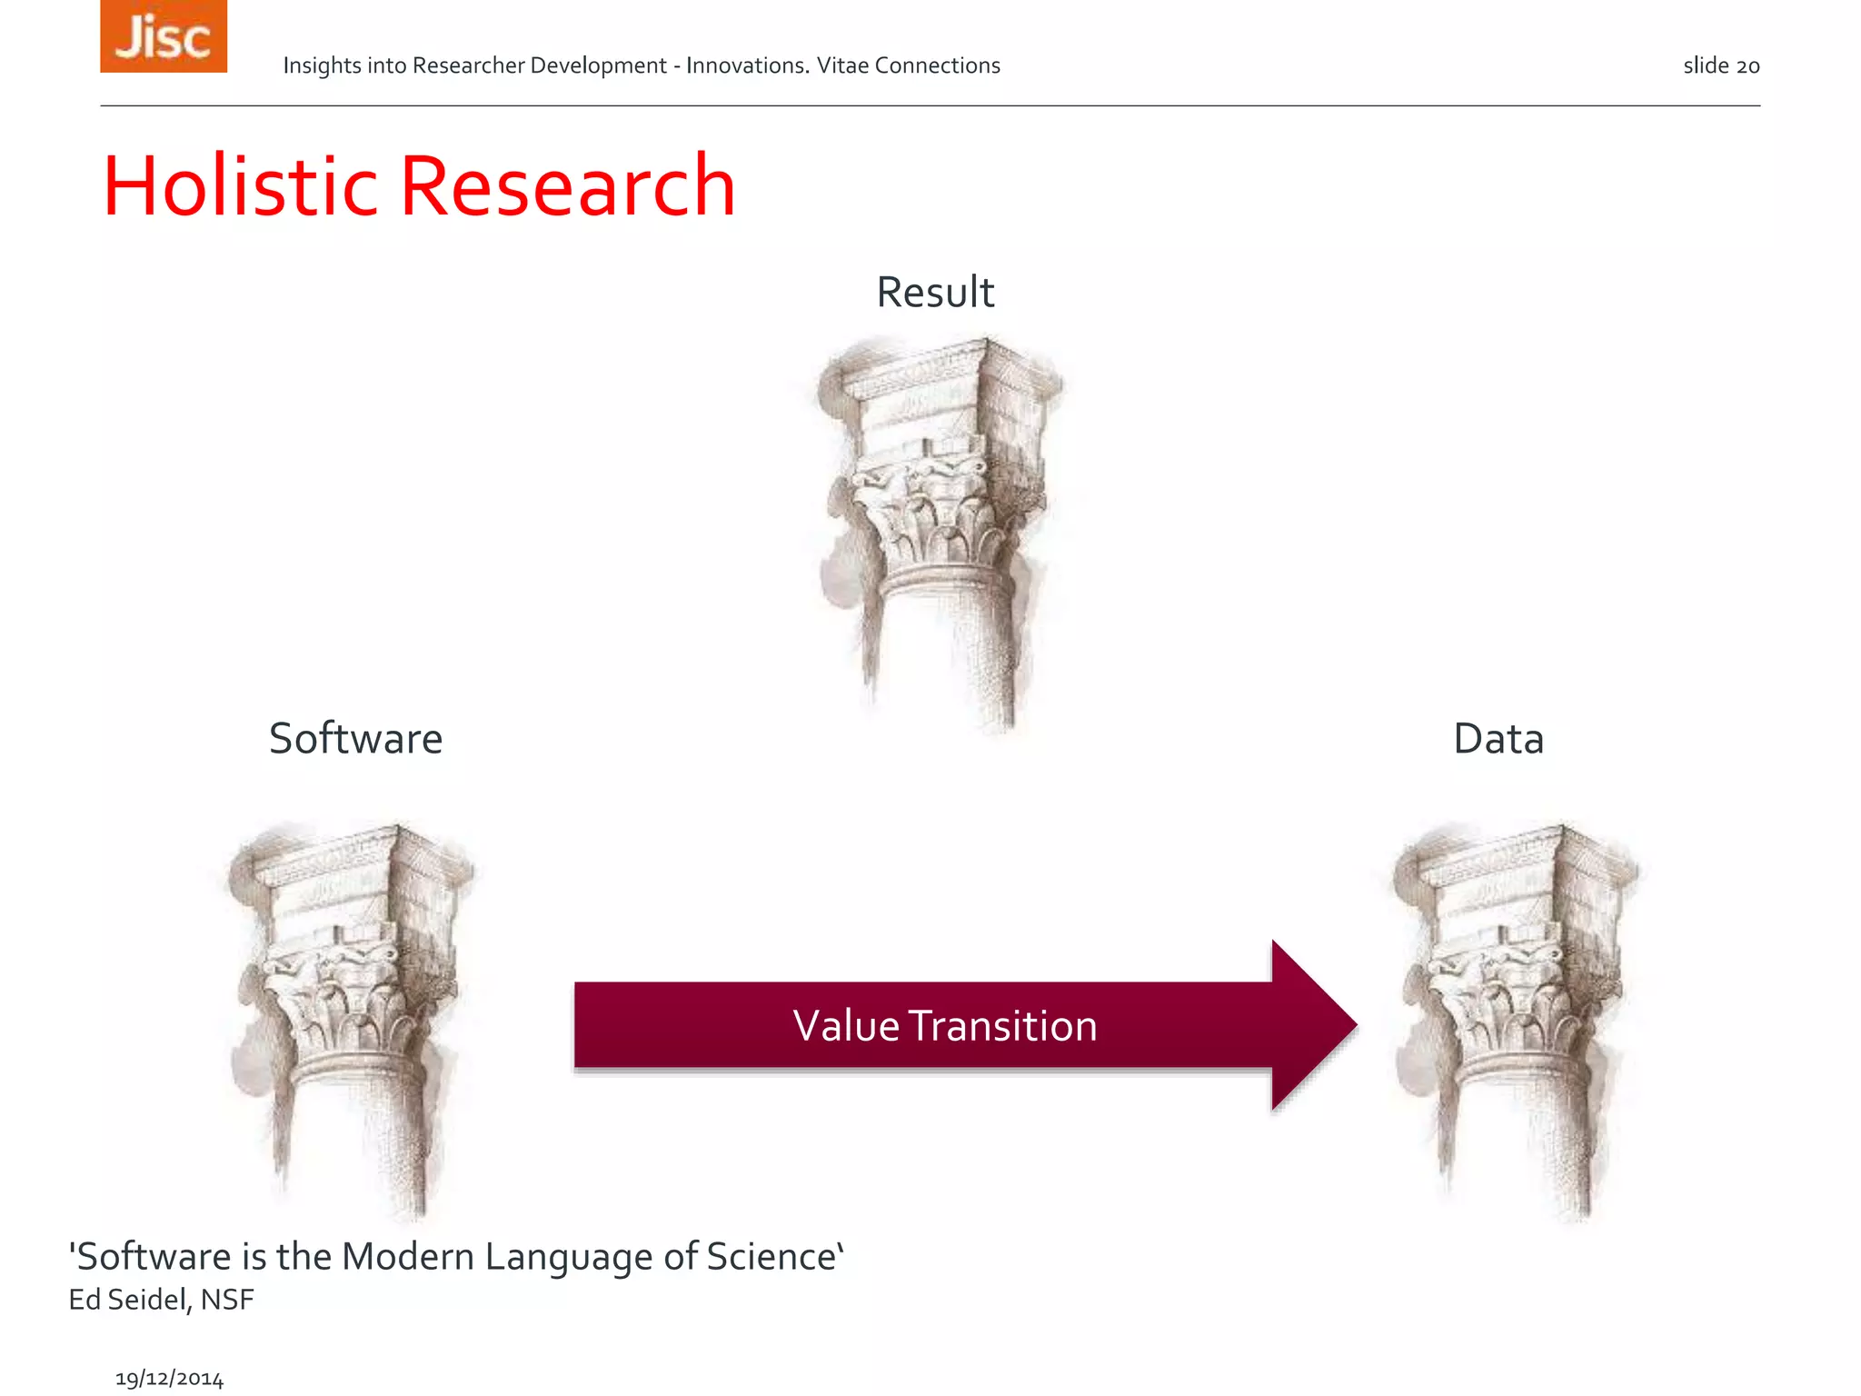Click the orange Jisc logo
(164, 36)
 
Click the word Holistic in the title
(240, 186)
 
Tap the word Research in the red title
(567, 186)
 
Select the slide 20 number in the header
(1721, 66)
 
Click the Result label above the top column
(935, 293)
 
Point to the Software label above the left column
(355, 738)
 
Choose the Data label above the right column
(1498, 738)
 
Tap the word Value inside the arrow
(846, 1026)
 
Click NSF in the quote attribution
(227, 1300)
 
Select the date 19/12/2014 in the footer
(169, 1379)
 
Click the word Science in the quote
(771, 1257)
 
